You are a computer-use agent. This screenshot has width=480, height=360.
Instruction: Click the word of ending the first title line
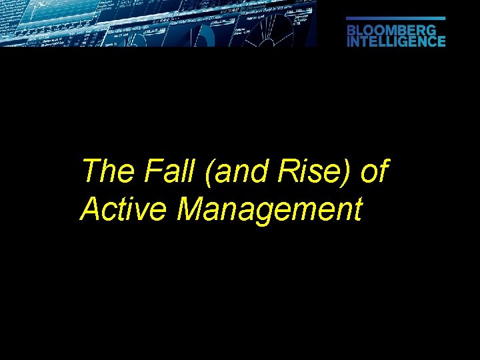[x=373, y=172]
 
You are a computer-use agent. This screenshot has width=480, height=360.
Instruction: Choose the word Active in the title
[x=125, y=210]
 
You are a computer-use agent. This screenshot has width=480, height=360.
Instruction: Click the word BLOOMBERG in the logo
[x=391, y=30]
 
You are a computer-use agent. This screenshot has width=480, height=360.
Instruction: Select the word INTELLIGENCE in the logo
[x=396, y=41]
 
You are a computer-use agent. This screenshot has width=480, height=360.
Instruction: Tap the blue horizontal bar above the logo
[x=396, y=19]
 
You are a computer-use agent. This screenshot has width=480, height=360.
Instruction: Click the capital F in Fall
[x=149, y=172]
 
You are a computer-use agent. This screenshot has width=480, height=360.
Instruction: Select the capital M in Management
[x=192, y=210]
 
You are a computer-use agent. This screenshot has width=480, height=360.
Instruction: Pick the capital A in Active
[x=90, y=210]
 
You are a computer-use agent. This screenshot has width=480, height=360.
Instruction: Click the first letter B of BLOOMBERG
[x=351, y=30]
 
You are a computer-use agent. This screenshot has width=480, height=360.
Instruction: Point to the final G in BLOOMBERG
[x=431, y=30]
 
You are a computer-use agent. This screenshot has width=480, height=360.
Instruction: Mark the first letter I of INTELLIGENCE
[x=349, y=41]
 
